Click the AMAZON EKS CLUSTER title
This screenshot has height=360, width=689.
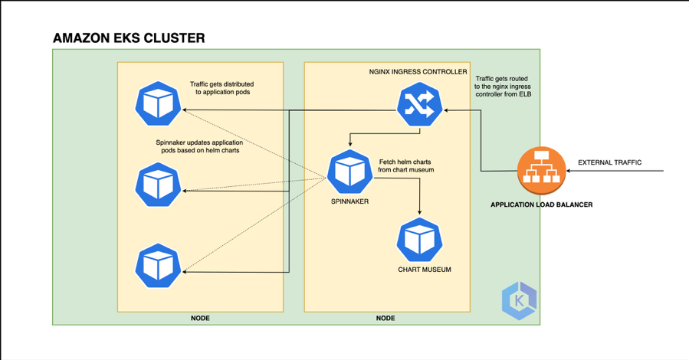129,38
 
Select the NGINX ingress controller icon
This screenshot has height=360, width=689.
420,109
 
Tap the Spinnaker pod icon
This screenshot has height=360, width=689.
350,172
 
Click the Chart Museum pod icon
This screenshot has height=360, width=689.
420,240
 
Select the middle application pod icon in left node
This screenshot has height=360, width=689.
158,185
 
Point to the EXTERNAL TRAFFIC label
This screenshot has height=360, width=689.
609,162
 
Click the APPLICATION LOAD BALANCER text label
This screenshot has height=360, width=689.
541,205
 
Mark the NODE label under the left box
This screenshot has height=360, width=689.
200,318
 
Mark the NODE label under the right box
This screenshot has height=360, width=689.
386,318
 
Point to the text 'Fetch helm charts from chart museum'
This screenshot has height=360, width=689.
406,165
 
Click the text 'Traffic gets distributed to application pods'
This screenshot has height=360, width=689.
221,88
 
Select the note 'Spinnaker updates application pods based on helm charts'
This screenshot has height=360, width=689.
198,146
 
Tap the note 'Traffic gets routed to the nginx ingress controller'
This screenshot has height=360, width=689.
504,87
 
